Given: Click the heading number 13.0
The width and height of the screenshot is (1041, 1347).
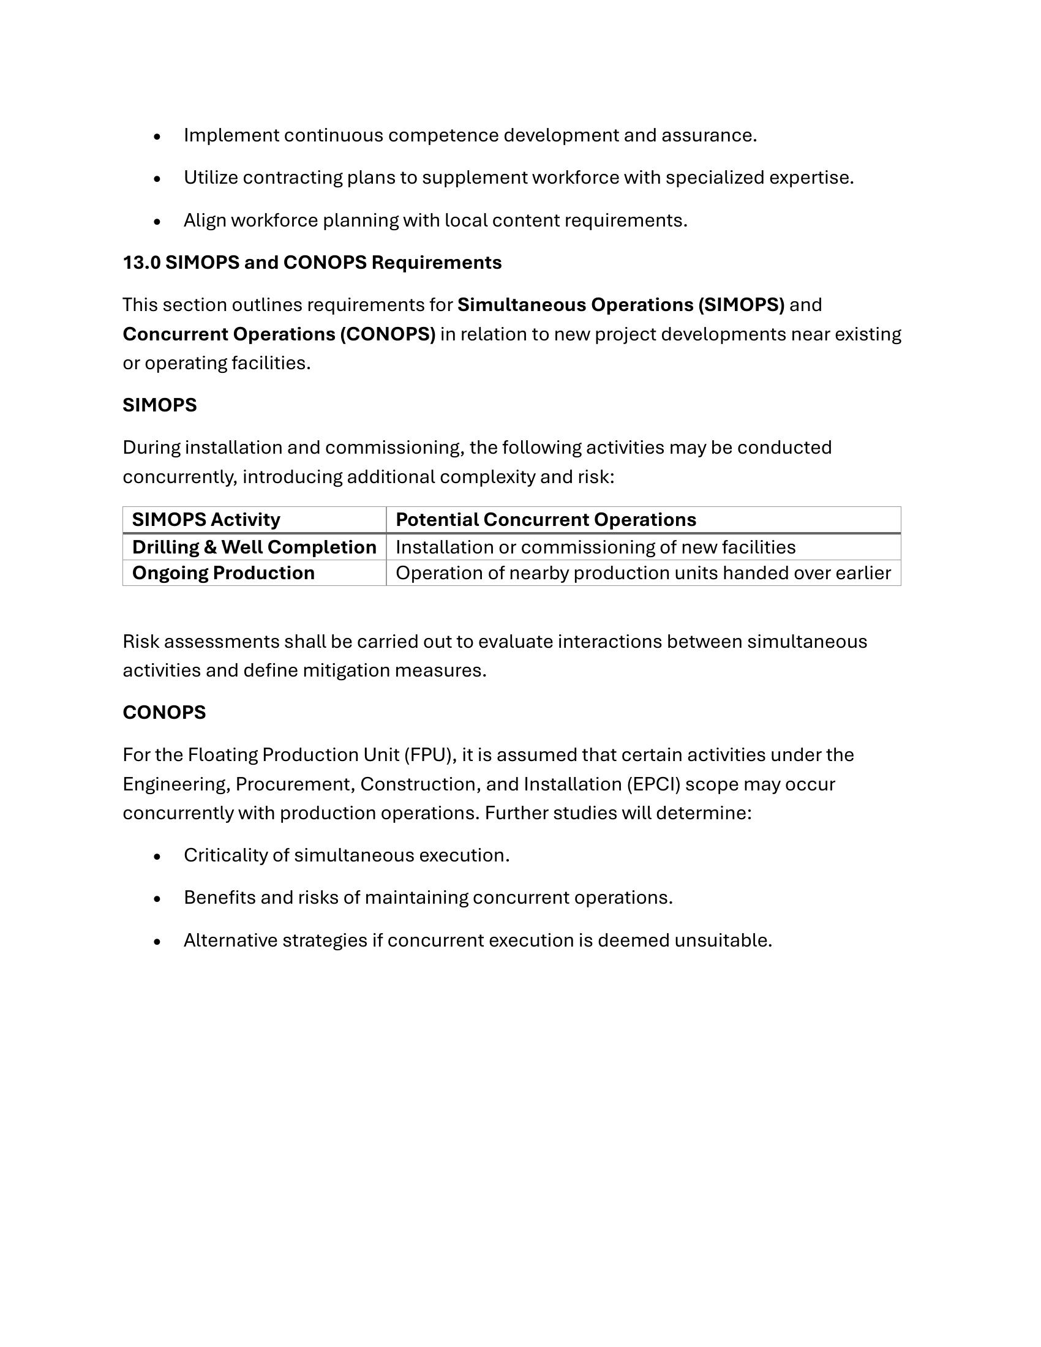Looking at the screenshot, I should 141,263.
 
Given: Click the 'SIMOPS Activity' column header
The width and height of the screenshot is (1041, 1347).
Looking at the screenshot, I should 206,520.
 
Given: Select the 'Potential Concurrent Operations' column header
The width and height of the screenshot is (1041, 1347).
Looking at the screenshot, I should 546,520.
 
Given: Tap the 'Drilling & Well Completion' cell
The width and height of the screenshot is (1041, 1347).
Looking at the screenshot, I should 254,547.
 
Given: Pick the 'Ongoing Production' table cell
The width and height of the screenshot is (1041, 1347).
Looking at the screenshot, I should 224,573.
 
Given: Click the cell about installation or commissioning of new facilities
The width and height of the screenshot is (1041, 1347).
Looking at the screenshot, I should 595,547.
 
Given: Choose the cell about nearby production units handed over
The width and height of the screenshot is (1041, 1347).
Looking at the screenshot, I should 642,573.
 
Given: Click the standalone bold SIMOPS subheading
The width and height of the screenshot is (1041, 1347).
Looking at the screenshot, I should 160,405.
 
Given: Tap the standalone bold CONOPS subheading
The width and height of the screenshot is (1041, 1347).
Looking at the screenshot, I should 164,712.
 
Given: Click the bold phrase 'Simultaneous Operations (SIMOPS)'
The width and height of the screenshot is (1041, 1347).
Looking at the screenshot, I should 620,305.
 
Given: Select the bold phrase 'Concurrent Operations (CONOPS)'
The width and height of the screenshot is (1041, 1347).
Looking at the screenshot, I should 279,334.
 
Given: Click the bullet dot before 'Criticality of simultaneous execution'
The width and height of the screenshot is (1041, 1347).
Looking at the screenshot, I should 157,857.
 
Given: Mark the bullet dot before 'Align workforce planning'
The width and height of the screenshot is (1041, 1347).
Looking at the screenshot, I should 157,222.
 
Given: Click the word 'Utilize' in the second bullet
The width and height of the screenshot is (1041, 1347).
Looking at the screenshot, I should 210,178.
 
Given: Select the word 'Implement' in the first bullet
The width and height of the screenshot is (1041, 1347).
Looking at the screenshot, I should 231,135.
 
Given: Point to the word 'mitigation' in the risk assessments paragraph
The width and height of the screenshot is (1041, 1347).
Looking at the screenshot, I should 345,670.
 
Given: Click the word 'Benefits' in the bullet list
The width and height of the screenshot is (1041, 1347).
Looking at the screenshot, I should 220,898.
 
